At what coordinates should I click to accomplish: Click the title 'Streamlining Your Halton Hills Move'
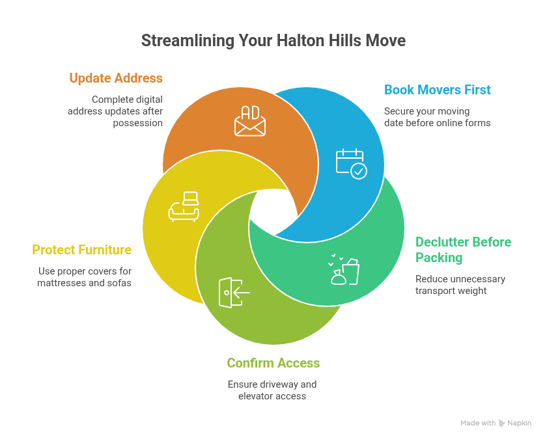tap(273, 40)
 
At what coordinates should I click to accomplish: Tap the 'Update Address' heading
tap(116, 78)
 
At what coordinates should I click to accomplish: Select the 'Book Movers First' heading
tap(438, 90)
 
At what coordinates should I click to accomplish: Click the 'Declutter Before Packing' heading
tap(463, 250)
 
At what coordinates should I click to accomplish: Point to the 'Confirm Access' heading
tap(273, 363)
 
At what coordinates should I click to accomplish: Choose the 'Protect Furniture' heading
tap(81, 250)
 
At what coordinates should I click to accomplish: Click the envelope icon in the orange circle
tap(250, 121)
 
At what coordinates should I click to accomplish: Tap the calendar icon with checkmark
tap(351, 163)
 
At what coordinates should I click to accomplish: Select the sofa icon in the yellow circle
tap(184, 207)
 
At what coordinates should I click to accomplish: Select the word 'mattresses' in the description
tap(62, 283)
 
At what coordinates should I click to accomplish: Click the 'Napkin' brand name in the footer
tap(519, 423)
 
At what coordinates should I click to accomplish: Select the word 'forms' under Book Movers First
tap(477, 123)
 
